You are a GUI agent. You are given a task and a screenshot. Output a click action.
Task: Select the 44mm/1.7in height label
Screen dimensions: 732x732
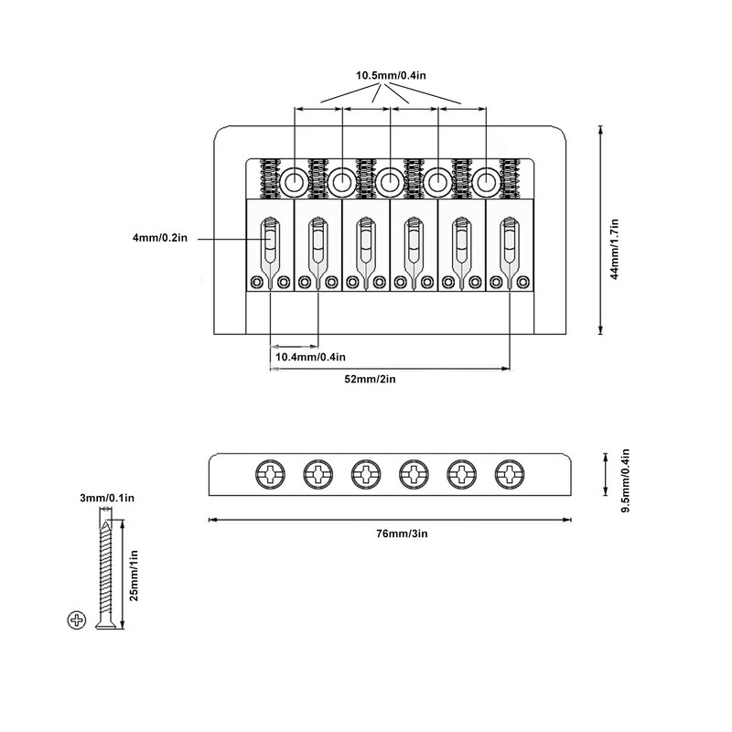[x=615, y=231]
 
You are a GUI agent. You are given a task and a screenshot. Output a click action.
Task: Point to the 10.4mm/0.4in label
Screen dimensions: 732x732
[x=310, y=357]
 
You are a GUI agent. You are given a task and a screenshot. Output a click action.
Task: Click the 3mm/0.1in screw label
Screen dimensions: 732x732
[x=108, y=498]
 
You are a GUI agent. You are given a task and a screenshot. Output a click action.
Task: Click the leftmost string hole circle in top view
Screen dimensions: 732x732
[x=295, y=181]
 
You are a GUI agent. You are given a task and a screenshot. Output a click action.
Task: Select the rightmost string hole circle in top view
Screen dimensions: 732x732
[x=485, y=181]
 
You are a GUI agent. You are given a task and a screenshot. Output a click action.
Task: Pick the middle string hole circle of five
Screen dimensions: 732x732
[x=390, y=181]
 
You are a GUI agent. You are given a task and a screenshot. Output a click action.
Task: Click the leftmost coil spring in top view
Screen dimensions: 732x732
[x=271, y=179]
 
